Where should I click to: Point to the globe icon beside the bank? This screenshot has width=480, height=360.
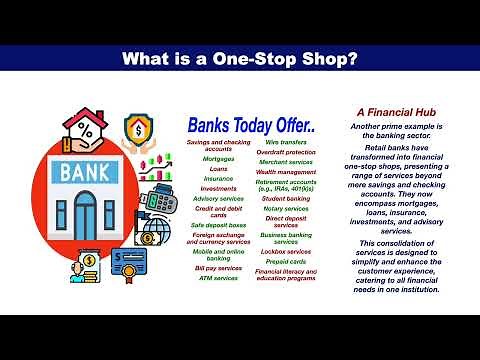(x=156, y=231)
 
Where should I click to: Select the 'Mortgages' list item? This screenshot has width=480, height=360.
(x=219, y=158)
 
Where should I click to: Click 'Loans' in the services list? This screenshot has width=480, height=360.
(x=219, y=168)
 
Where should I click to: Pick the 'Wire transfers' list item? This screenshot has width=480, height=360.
(x=286, y=143)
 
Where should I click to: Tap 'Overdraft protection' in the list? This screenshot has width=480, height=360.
(x=286, y=152)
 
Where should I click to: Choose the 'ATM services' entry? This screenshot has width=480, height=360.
(x=219, y=277)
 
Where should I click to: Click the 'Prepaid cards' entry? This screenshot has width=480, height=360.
(x=286, y=262)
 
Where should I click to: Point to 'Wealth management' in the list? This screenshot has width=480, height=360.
(x=286, y=172)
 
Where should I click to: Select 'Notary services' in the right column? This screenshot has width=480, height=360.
(x=286, y=207)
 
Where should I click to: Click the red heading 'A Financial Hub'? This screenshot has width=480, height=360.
(x=394, y=116)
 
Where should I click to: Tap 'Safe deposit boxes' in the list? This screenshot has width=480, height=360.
(x=219, y=225)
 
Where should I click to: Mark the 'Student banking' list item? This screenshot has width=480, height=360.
(x=286, y=198)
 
